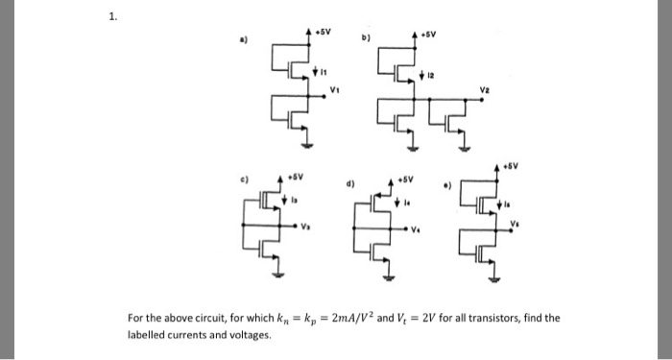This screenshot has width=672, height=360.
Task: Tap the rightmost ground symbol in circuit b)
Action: coord(466,149)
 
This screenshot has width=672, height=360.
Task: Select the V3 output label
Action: coord(307,228)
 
